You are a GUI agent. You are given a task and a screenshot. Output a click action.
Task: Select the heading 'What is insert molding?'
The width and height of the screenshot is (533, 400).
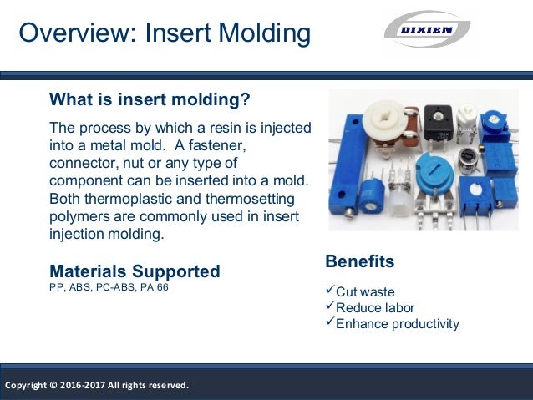150,101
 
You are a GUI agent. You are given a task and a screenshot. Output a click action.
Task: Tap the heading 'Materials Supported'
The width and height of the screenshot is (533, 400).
135,271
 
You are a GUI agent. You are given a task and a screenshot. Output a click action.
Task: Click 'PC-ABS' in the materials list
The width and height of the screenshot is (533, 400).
111,289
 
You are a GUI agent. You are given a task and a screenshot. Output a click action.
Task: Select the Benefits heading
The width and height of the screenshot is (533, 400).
359,261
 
